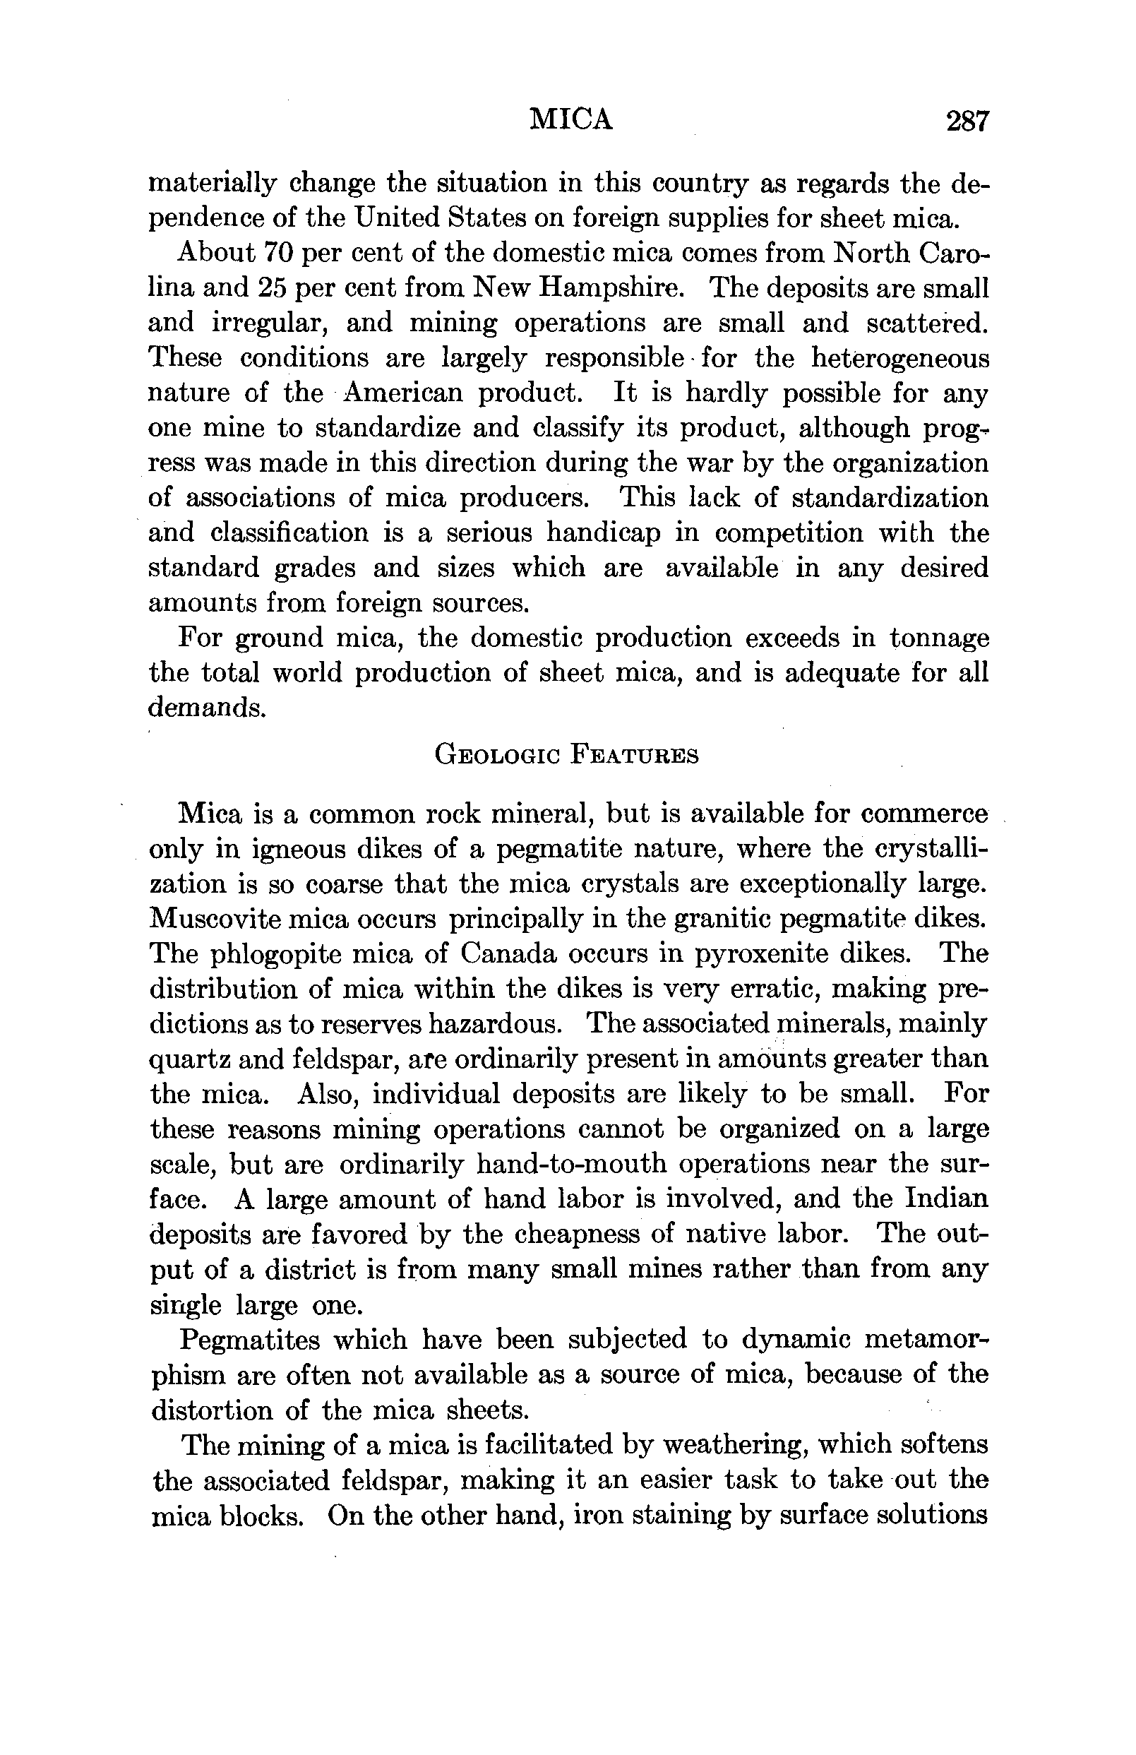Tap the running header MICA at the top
(571, 119)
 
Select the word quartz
(187, 1059)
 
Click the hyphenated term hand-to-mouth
(571, 1165)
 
